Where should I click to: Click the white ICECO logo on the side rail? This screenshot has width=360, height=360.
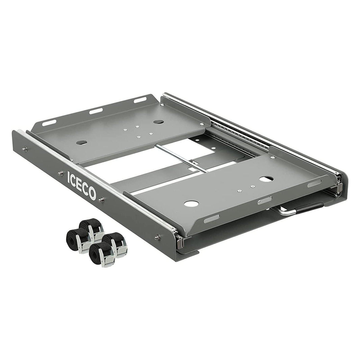point(81,185)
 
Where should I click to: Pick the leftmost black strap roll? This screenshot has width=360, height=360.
point(74,238)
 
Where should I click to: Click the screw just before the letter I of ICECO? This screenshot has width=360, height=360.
point(60,173)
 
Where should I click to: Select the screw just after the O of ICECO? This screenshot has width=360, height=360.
point(100,200)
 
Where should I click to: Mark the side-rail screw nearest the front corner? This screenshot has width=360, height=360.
point(157,237)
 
